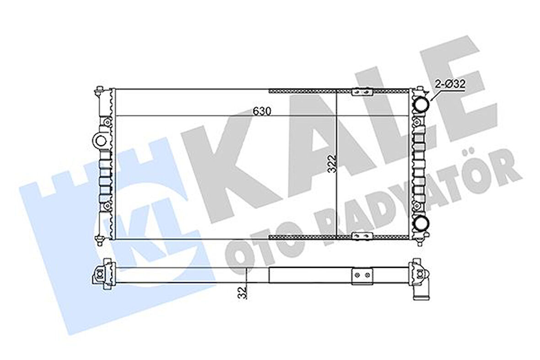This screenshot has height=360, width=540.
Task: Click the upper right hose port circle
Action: [x=421, y=105]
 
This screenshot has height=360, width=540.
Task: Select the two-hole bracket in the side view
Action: [x=362, y=276]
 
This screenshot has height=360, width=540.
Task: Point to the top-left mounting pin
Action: [x=100, y=92]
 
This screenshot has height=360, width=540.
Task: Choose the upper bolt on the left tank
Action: [x=106, y=122]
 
